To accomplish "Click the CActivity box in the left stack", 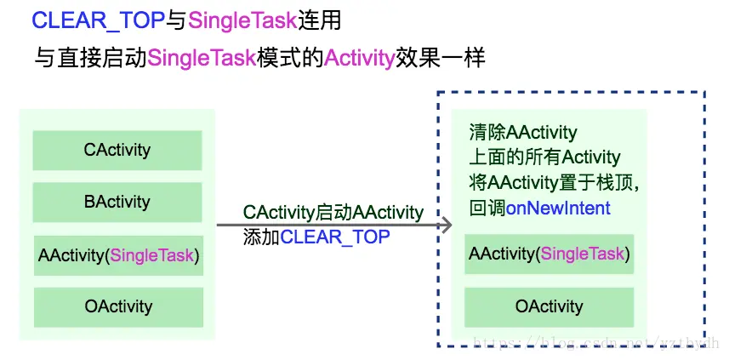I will point(117,151).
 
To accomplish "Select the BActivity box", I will point(117,203).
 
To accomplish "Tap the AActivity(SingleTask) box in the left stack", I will point(118,255).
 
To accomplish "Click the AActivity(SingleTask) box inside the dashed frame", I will point(550,254).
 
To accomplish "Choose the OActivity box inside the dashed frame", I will point(550,306).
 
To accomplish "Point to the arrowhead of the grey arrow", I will point(445,226).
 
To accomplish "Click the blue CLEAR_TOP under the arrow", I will point(335,237).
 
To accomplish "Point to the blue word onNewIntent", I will point(558,208).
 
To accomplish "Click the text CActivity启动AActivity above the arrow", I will point(333,212).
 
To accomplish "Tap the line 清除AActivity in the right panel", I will point(523,133).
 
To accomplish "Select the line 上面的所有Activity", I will point(544,157).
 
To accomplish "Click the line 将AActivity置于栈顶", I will point(553,182).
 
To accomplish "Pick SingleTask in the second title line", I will point(202,59).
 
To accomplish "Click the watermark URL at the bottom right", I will point(595,342).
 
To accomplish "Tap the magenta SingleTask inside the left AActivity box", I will point(152,255).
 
